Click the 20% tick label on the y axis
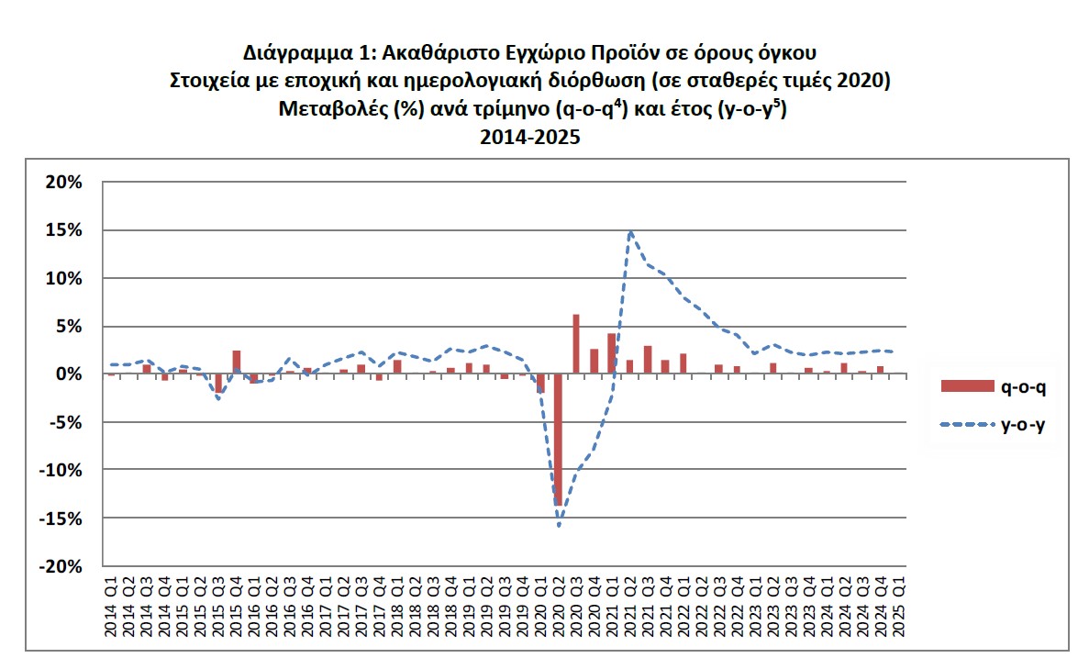tap(62, 182)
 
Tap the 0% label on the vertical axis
tap(68, 374)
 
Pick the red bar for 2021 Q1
tap(612, 353)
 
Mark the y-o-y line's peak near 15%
tap(630, 231)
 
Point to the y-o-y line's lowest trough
tap(558, 525)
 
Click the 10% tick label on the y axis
tap(62, 278)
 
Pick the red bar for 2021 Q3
tap(648, 360)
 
